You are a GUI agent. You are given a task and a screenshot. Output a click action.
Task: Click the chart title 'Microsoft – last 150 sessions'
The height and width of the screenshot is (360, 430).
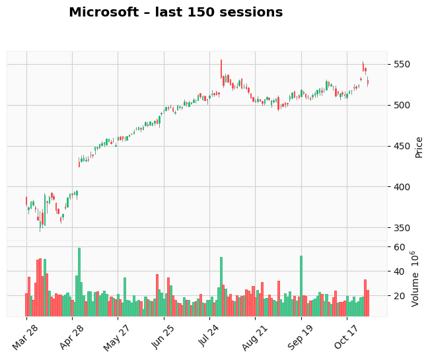pos(176,13)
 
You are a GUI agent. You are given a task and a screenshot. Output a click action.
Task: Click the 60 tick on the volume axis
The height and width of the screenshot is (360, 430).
pos(399,247)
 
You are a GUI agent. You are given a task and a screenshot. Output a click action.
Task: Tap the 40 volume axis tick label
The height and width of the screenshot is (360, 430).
pos(399,271)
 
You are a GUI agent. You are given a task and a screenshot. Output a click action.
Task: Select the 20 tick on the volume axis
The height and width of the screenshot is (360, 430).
pos(399,296)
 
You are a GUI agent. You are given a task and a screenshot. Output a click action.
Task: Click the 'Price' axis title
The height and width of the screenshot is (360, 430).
pos(419,147)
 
